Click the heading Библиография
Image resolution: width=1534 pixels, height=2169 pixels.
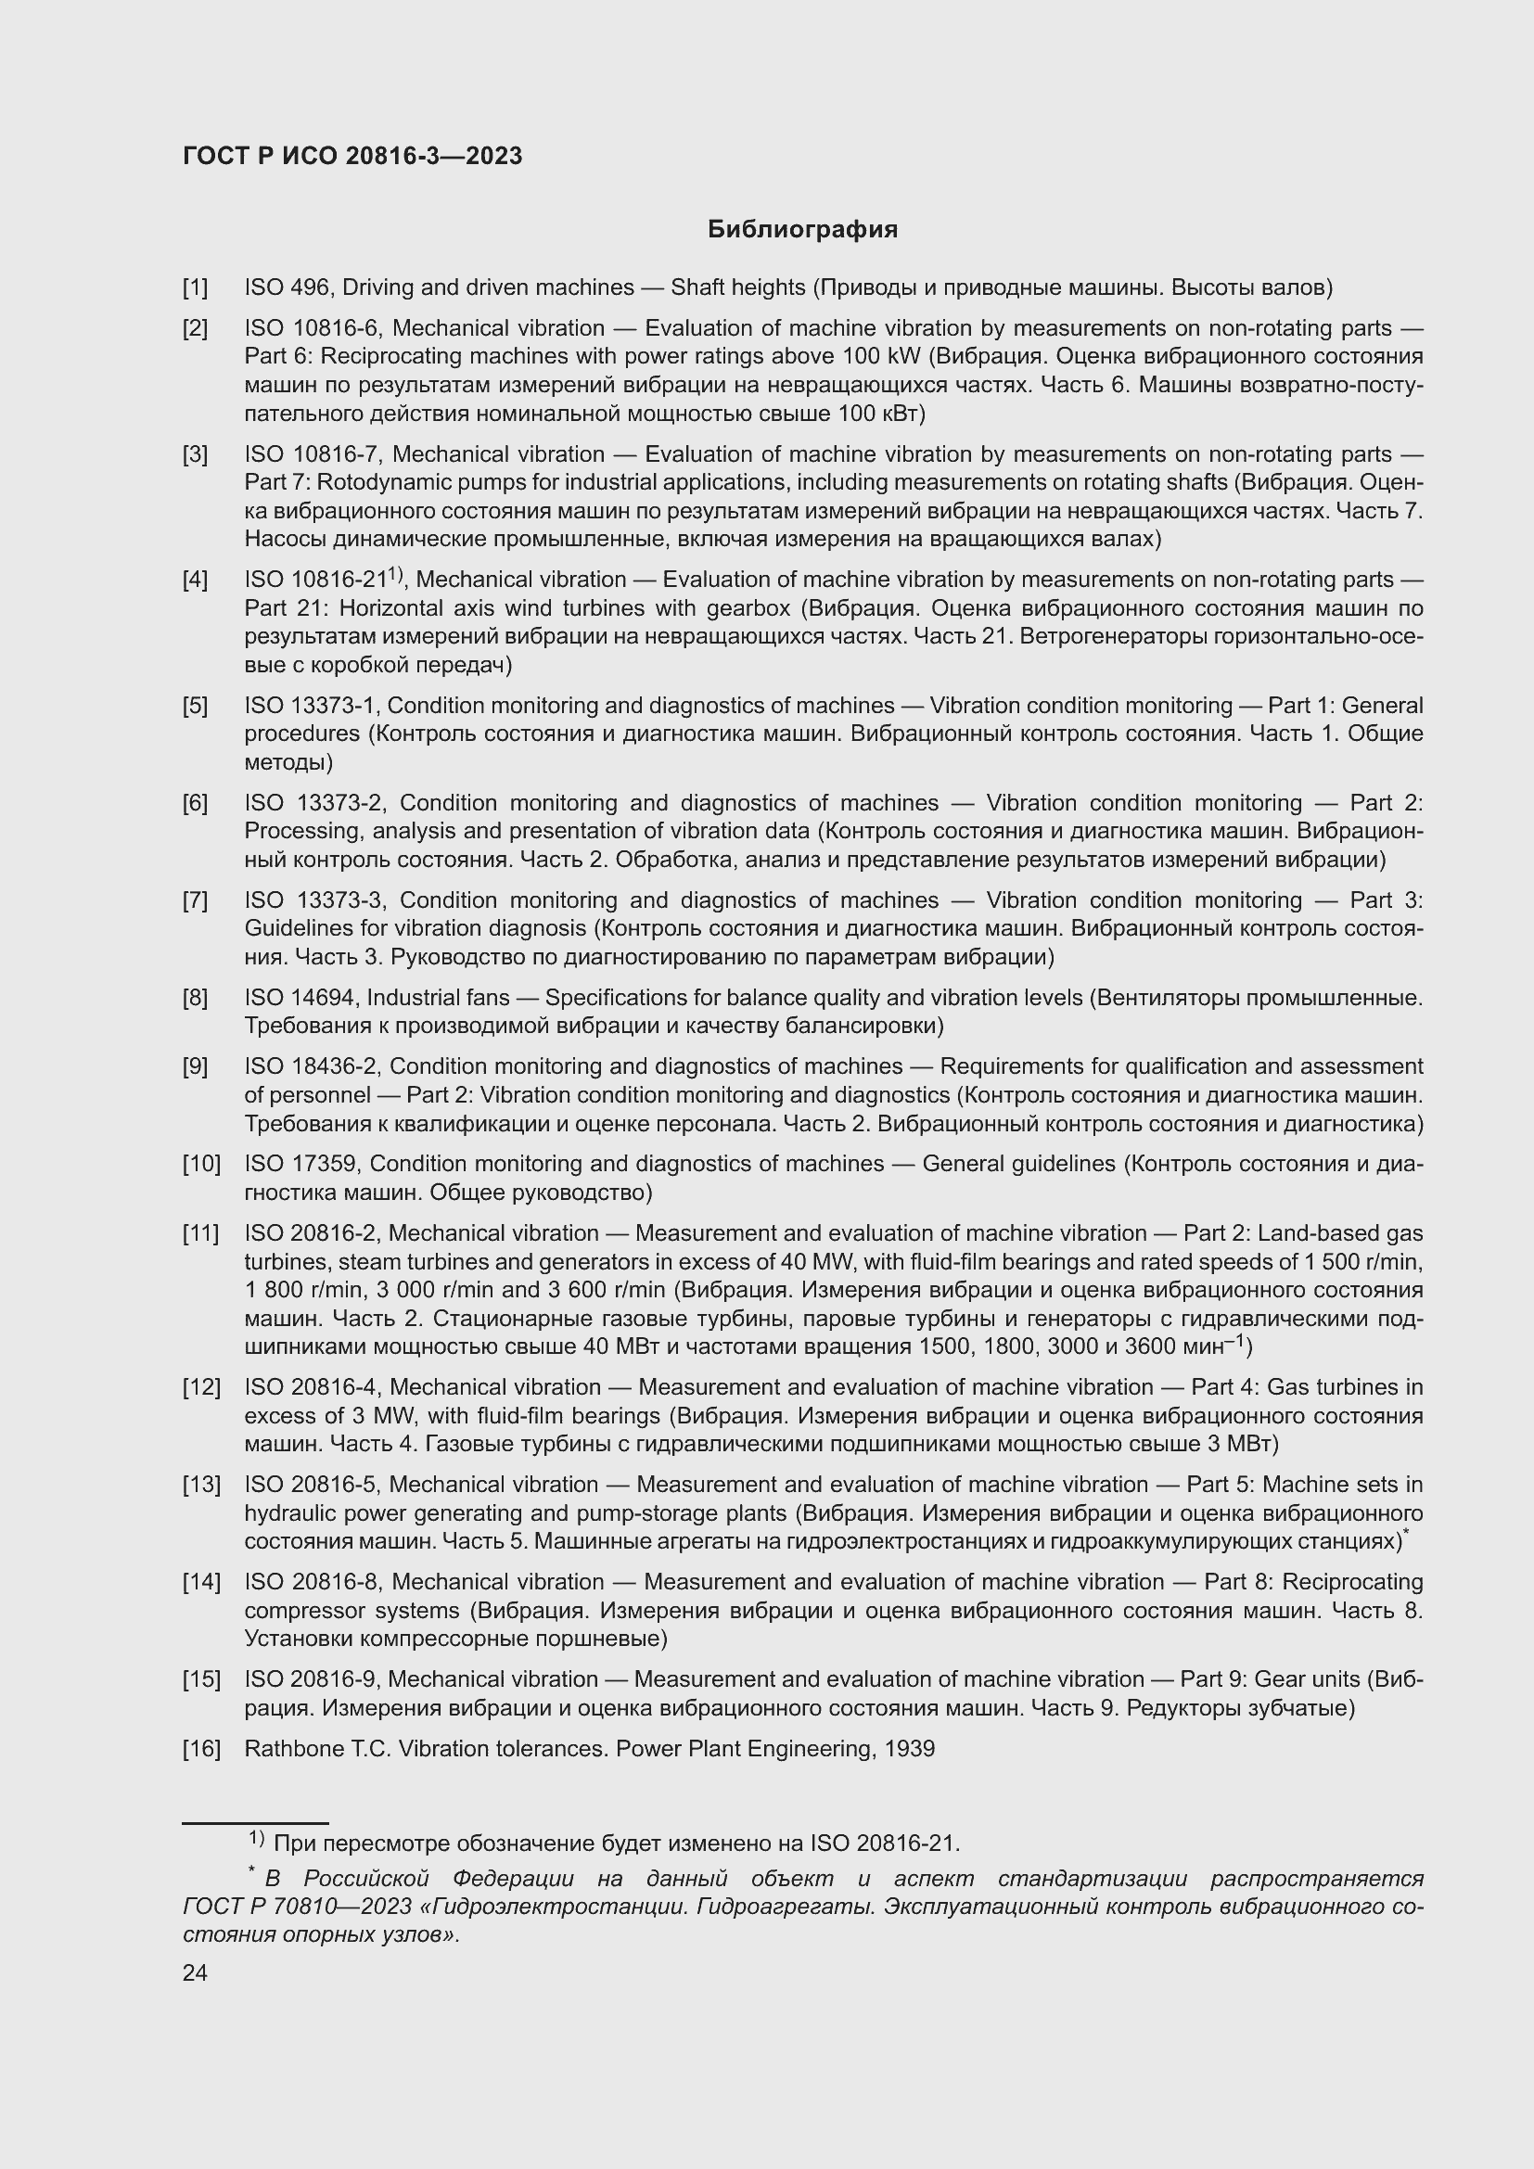click(802, 230)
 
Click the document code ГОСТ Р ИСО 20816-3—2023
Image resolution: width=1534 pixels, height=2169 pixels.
click(352, 157)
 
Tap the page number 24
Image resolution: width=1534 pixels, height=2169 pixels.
click(195, 1972)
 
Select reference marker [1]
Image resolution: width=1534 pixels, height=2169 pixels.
click(196, 287)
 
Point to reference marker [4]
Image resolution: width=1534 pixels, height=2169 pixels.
click(196, 579)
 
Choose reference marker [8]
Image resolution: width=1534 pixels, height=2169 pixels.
click(196, 998)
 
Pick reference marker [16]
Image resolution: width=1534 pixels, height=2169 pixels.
click(201, 1749)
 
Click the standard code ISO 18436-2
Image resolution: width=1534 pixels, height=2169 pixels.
click(312, 1065)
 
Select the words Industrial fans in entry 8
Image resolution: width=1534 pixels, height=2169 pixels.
click(439, 998)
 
